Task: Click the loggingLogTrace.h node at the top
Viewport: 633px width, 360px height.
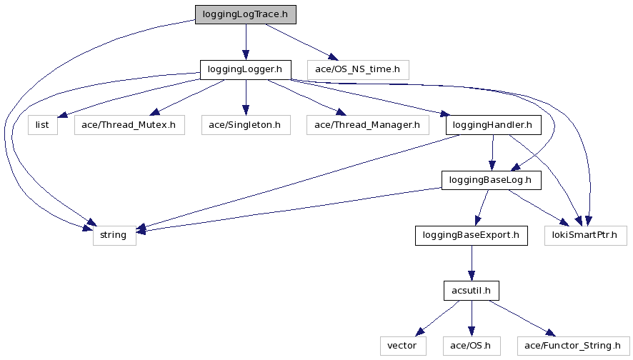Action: pos(245,14)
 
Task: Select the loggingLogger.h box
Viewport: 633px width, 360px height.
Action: pos(245,70)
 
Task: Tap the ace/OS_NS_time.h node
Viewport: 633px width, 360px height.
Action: pos(358,70)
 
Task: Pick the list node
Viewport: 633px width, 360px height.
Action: pos(42,125)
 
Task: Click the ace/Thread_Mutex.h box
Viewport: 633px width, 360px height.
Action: pos(129,125)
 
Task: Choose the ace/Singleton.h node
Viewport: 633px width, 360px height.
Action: pos(245,125)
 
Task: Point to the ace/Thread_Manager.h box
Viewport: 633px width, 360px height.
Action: pos(367,125)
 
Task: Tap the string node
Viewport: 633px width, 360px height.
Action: pos(114,235)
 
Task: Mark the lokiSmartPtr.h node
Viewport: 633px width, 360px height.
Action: pos(586,235)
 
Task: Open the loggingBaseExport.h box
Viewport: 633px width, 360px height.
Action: pos(471,235)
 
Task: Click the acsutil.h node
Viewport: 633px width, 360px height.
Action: pos(471,291)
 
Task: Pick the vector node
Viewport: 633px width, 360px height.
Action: pos(402,346)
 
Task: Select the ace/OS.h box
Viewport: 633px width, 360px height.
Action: pos(471,346)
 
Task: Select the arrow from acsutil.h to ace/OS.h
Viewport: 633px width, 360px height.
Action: pos(471,318)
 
